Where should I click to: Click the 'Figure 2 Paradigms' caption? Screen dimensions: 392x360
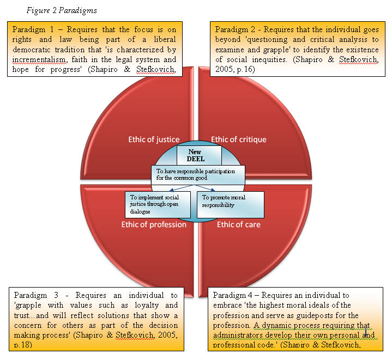click(62, 10)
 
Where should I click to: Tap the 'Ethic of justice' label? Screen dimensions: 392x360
click(154, 139)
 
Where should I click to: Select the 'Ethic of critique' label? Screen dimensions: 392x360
click(238, 139)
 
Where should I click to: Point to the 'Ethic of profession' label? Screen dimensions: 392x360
click(154, 224)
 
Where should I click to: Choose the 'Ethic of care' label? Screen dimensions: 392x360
click(238, 224)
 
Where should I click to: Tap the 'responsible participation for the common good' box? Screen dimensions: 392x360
click(198, 175)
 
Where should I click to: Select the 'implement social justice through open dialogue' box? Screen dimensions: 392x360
click(158, 204)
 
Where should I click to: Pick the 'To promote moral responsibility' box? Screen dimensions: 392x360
click(231, 204)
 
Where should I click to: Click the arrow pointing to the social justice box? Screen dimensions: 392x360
click(181, 188)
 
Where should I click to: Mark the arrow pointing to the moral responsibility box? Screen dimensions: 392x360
click(204, 188)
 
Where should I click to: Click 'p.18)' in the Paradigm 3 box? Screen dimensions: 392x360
click(23, 345)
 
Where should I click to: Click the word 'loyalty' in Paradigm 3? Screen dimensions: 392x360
click(147, 306)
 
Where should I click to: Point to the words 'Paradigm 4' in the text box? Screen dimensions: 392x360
click(232, 295)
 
